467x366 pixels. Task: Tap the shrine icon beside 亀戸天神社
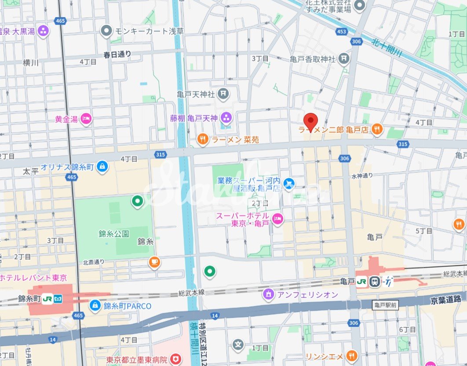coord(224,93)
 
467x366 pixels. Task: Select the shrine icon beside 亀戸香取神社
coord(344,58)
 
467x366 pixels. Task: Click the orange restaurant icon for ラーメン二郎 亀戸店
coord(376,129)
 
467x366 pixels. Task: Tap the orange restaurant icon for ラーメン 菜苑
coord(202,139)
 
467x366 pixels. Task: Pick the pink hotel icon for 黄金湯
coord(86,118)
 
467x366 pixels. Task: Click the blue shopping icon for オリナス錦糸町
coord(102,167)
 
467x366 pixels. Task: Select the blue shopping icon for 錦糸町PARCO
coord(95,305)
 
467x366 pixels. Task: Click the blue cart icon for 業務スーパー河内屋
coord(288,182)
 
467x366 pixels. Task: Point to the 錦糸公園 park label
coord(113,234)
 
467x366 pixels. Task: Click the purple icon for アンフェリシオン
coord(268,294)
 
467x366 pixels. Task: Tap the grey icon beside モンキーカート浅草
coord(106,31)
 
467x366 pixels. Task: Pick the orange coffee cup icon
coord(154,262)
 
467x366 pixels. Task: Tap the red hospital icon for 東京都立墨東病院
coord(175,359)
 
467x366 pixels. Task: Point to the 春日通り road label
coord(117,54)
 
